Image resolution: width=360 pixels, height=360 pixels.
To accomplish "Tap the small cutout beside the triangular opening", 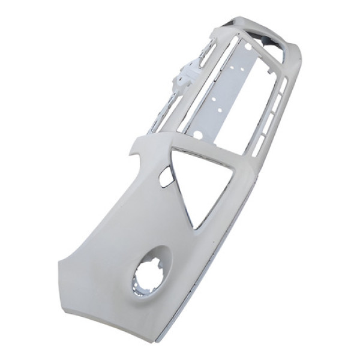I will point(165,179).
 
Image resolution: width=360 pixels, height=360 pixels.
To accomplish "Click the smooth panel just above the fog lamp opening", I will point(144,240).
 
